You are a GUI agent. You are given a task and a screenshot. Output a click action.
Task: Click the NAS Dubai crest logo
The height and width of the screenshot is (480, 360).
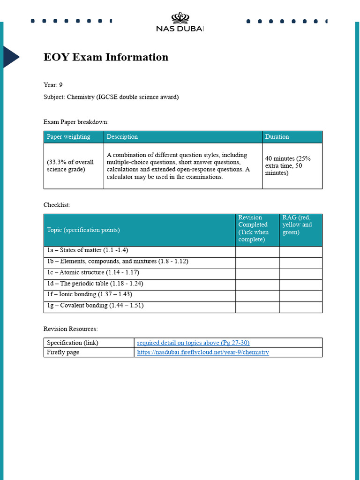180,18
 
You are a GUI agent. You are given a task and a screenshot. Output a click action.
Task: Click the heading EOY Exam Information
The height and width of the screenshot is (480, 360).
106,57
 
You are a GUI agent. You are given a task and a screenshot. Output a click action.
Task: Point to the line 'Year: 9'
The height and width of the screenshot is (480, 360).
53,85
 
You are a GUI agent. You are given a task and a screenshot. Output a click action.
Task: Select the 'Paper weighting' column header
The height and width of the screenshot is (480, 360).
68,137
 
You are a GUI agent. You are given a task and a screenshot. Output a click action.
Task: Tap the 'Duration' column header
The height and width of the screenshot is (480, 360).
277,137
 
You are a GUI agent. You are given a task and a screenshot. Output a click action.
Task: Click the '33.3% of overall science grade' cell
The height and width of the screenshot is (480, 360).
70,165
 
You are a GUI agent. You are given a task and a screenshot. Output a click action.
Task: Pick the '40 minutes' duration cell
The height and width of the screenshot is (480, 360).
288,165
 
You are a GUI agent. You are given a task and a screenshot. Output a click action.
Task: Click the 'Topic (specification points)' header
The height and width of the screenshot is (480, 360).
83,230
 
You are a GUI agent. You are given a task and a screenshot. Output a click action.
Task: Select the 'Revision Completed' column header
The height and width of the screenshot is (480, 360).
254,228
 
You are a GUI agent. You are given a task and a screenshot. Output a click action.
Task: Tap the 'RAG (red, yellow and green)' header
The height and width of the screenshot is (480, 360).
297,225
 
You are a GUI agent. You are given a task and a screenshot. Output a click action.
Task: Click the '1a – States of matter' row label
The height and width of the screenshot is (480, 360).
87,250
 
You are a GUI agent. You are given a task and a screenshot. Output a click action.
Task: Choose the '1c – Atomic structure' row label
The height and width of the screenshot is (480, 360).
93,272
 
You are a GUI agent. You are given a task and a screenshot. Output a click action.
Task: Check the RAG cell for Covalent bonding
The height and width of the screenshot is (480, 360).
300,307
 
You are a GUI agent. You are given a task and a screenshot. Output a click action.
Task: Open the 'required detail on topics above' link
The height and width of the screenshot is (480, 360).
190,343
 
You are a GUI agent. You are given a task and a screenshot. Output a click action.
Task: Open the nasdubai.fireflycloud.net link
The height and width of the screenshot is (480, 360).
203,352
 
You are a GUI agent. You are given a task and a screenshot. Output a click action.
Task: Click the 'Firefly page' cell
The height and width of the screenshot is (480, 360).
63,352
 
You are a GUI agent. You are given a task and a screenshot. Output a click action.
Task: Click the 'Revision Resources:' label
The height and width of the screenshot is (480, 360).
70,329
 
